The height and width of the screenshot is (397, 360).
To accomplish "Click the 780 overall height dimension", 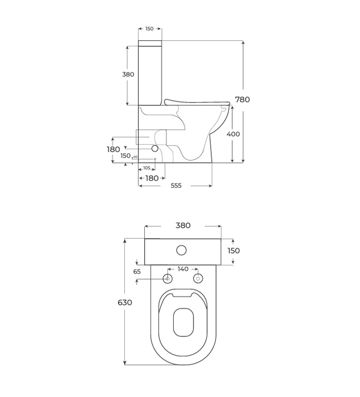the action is point(242,99).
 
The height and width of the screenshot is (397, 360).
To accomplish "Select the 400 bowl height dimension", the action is point(233,134).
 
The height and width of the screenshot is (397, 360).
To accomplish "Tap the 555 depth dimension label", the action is point(176,185).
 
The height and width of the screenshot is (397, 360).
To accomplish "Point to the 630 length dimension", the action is point(125,302).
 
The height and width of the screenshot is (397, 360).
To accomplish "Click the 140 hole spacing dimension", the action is point(183,269).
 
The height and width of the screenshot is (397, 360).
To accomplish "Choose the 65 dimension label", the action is point(137,272).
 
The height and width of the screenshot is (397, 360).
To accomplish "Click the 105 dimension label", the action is point(147,168).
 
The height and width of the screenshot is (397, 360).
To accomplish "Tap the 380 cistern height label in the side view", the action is point(128,74).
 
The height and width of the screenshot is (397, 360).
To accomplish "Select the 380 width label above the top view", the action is point(183,225).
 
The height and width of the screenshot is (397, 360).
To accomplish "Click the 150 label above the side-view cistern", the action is point(149,28).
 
